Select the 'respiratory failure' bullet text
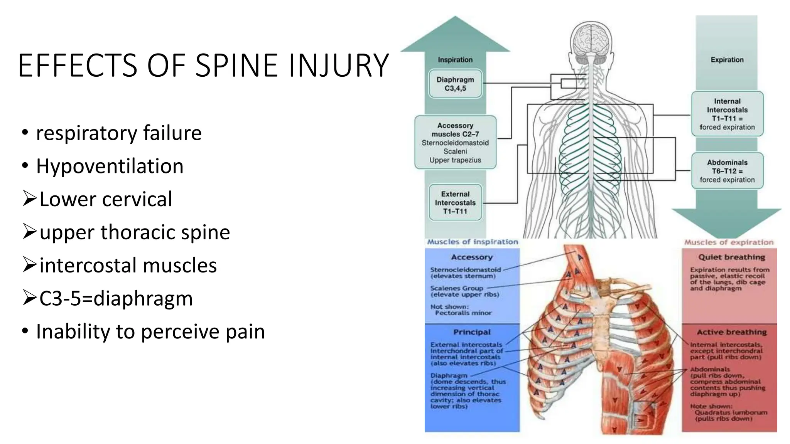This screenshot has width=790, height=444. tap(118, 133)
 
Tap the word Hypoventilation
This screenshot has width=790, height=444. tap(110, 166)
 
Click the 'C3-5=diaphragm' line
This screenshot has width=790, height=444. tap(116, 298)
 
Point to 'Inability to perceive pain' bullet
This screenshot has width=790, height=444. tap(150, 331)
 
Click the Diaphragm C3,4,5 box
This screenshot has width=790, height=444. tap(455, 84)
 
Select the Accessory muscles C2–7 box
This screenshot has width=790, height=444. tap(455, 143)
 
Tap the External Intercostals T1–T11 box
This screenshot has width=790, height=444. tap(455, 203)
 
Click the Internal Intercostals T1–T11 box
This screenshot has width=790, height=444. tap(727, 114)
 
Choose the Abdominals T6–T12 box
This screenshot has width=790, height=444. tap(727, 171)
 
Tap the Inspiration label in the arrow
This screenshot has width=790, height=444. tap(455, 60)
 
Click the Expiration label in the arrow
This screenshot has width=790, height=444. tap(727, 60)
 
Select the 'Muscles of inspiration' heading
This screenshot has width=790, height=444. tap(473, 242)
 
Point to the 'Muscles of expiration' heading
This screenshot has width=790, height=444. tap(729, 242)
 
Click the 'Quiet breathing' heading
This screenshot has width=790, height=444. tap(731, 257)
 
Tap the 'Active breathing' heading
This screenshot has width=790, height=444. tap(731, 332)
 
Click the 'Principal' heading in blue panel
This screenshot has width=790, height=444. tap(472, 332)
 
